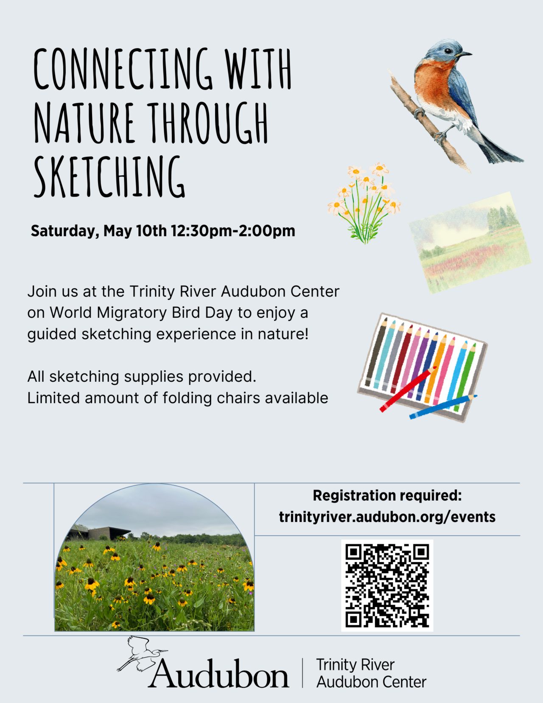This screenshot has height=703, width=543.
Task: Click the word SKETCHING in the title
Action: click(x=109, y=176)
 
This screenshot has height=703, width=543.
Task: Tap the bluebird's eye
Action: click(x=447, y=51)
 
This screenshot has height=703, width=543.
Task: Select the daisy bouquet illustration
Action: click(x=364, y=203)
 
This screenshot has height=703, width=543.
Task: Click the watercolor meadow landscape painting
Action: click(x=470, y=243)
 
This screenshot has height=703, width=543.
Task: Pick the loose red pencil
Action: click(x=408, y=389)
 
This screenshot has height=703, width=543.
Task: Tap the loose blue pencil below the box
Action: click(x=443, y=407)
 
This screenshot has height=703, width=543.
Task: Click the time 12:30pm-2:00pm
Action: click(x=233, y=231)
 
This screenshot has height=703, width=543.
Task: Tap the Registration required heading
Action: click(x=387, y=496)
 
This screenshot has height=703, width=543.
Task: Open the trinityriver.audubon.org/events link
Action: click(x=387, y=517)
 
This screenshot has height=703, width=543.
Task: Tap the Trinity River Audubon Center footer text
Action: click(x=371, y=673)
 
